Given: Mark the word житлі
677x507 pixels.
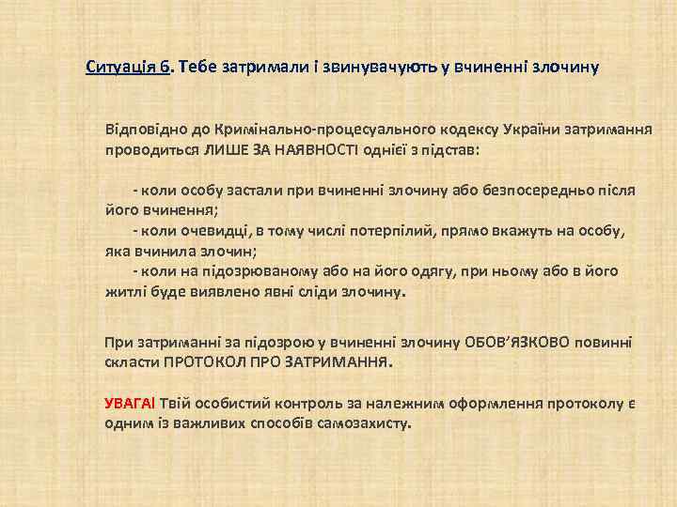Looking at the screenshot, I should tap(123, 291).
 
